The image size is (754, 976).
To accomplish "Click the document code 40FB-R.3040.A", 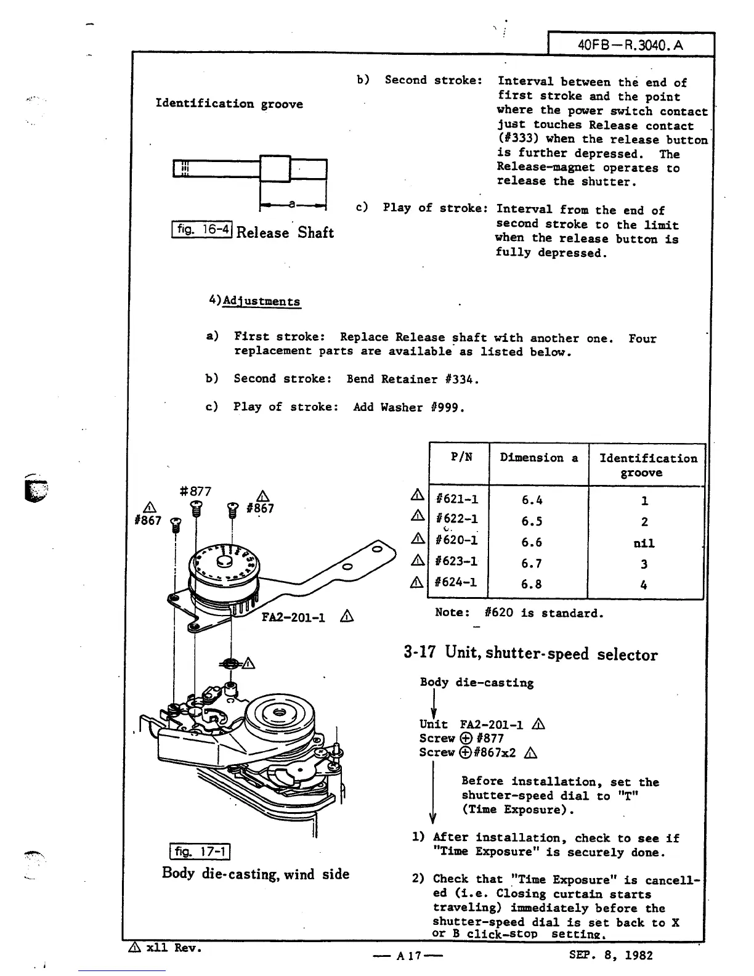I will coord(631,45).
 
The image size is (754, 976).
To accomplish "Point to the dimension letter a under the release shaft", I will coord(293,203).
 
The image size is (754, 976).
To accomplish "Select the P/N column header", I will coord(461,457).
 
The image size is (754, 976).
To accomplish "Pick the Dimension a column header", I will coord(538,457).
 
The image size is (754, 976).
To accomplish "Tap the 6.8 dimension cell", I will coord(531,584).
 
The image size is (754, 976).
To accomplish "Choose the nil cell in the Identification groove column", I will coord(644,543).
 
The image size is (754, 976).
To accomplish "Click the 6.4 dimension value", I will coord(531,500).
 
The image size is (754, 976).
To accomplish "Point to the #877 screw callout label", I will coord(195,491).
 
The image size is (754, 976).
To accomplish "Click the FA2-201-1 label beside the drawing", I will coord(293,617).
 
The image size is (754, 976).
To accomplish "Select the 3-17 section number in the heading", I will coord(420,653).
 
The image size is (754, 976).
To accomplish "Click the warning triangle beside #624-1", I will coord(417,582).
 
